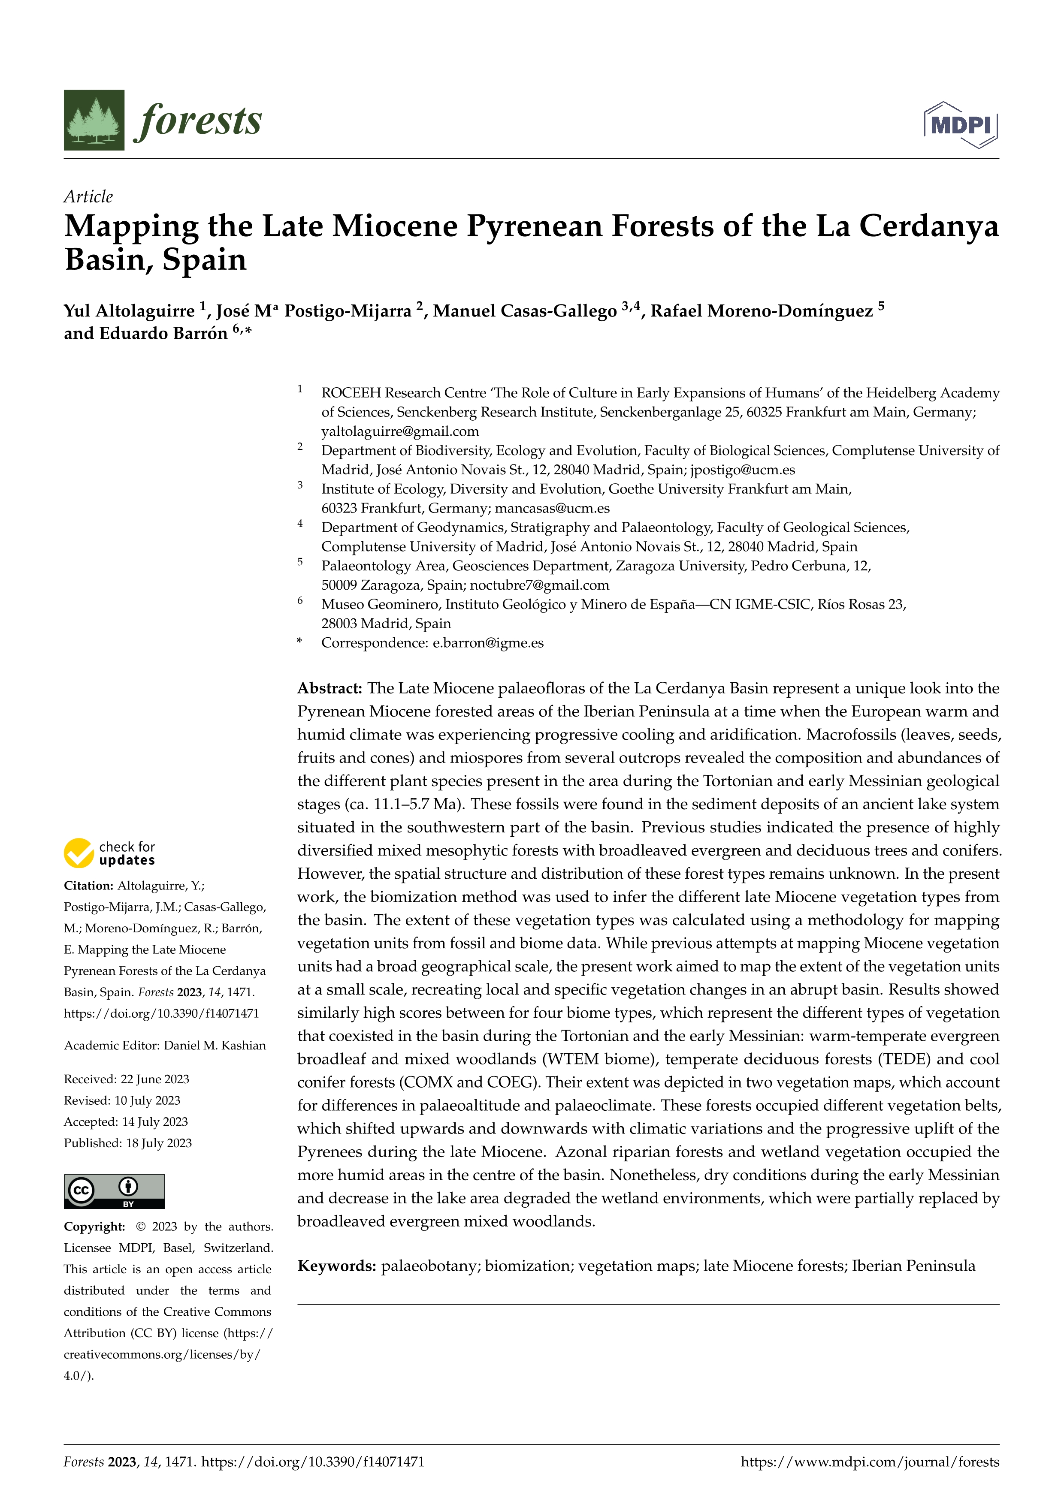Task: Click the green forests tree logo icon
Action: [94, 120]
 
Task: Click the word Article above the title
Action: [88, 196]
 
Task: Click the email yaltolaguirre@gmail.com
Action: [400, 431]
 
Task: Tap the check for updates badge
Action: [109, 853]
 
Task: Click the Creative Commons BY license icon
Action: [114, 1191]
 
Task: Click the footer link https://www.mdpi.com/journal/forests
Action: [869, 1462]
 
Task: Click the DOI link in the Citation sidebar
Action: [161, 1013]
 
